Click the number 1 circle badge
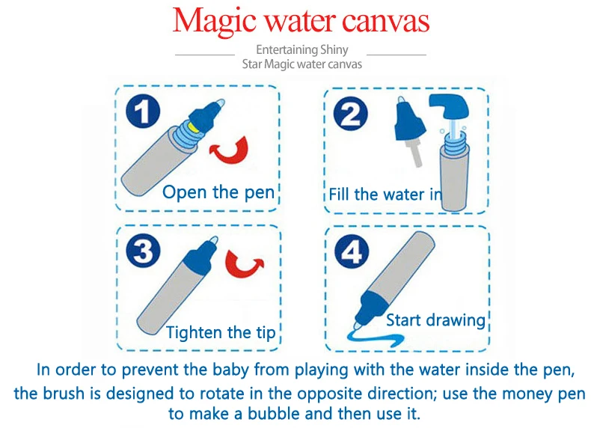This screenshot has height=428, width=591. tap(143, 111)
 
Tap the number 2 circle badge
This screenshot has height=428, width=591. tap(351, 114)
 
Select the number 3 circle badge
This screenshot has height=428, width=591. tap(143, 251)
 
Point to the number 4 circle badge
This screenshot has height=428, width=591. tap(352, 251)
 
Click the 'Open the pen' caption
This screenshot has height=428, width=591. tap(218, 192)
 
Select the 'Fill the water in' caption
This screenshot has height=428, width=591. tap(385, 195)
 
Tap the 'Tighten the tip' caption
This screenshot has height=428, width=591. tap(221, 332)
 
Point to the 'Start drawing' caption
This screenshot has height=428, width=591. tap(435, 320)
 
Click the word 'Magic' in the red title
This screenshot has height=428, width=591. tap(215, 21)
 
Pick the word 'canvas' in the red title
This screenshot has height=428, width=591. tap(385, 22)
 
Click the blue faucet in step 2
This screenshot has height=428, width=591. tap(449, 104)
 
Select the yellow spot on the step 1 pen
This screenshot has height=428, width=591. tap(194, 126)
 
